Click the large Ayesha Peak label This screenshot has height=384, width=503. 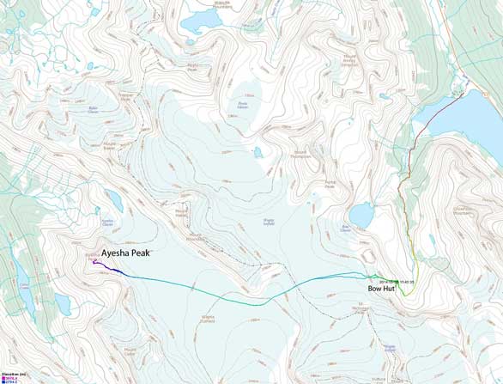pyautogui.click(x=133, y=254)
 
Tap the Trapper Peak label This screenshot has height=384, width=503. pyautogui.click(x=125, y=96)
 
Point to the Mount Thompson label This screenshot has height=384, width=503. pyautogui.click(x=300, y=155)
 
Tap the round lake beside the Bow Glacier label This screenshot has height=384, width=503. pyautogui.click(x=361, y=215)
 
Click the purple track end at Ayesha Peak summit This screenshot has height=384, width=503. pyautogui.click(x=94, y=262)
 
